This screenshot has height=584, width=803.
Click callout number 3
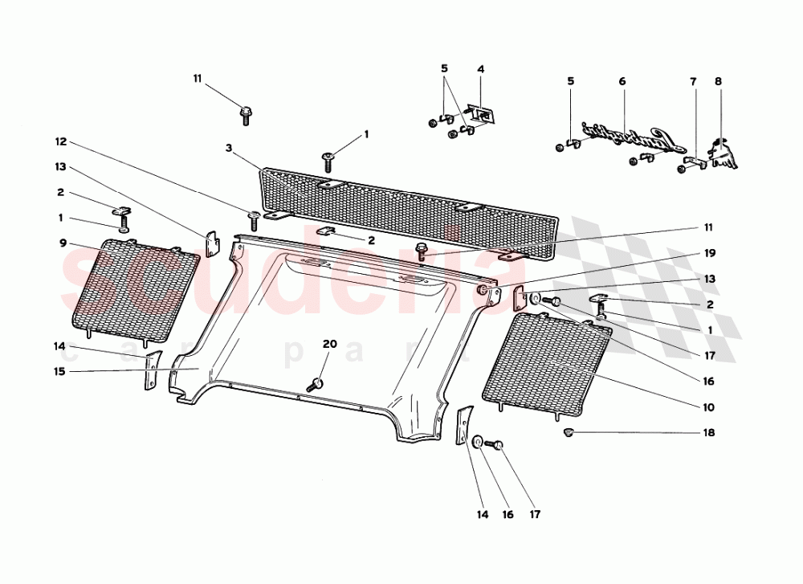[228, 149]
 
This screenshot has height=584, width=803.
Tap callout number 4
[481, 69]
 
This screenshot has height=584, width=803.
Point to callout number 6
[622, 81]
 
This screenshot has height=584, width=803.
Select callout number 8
[718, 81]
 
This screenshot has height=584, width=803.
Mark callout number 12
[60, 141]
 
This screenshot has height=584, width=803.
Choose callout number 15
[60, 371]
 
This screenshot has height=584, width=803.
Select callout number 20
[329, 344]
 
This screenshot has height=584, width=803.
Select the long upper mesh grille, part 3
[410, 211]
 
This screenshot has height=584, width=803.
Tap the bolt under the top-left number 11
[246, 114]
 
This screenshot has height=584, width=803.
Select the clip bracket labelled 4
[483, 114]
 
